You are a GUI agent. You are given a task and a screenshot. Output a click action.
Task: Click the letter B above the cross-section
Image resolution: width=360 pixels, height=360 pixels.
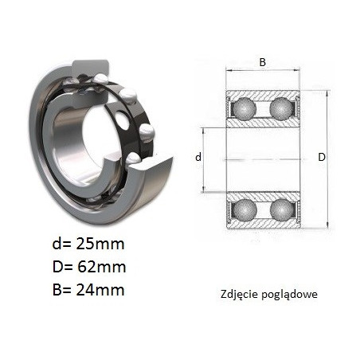pyautogui.click(x=262, y=62)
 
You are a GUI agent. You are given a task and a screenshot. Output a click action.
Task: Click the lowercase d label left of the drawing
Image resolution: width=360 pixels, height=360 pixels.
pyautogui.click(x=198, y=157)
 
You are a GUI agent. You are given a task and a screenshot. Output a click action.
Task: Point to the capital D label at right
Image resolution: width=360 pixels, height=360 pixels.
pyautogui.click(x=322, y=157)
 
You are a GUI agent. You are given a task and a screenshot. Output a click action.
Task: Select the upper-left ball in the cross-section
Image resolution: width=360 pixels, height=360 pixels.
pyautogui.click(x=245, y=109)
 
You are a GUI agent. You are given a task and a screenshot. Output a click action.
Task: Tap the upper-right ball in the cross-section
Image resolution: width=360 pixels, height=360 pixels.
pyautogui.click(x=281, y=108)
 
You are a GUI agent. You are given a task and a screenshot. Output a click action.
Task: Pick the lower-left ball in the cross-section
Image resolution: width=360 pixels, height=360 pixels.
pyautogui.click(x=245, y=210)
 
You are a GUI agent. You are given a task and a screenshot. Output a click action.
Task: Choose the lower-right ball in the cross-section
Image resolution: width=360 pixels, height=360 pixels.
pyautogui.click(x=281, y=210)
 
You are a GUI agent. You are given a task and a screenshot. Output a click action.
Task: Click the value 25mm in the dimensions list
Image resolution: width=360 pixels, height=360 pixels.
pyautogui.click(x=100, y=244)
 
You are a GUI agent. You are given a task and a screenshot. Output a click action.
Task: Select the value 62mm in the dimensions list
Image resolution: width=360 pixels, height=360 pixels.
pyautogui.click(x=102, y=267)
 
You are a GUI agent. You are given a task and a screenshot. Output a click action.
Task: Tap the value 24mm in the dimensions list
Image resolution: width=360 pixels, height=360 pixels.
pyautogui.click(x=100, y=290)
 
